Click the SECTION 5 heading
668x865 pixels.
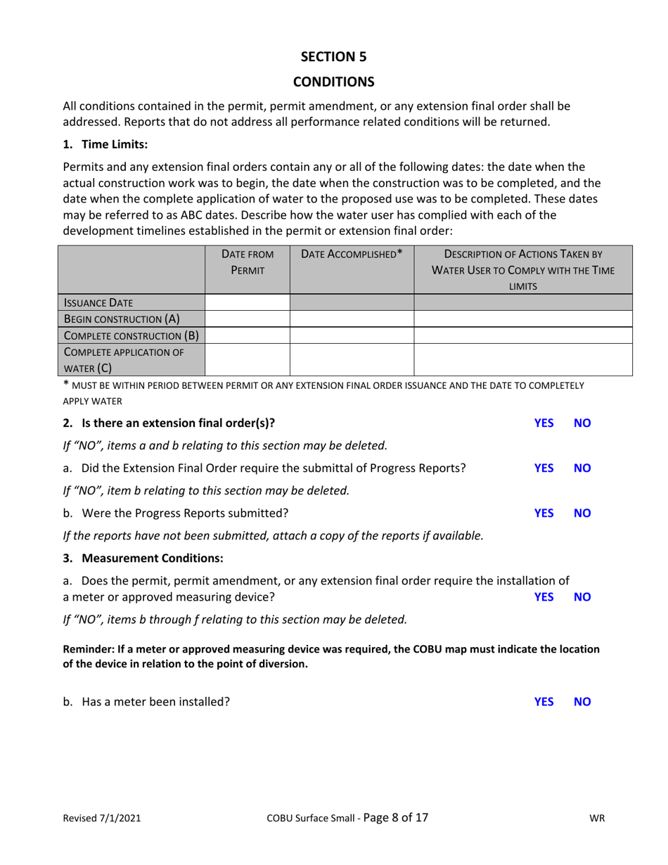click(333, 56)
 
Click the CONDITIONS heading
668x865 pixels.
click(333, 82)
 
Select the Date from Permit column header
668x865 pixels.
click(247, 262)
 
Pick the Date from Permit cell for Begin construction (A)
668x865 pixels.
click(247, 319)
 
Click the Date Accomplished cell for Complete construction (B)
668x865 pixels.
click(352, 335)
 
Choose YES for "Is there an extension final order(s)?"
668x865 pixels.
click(544, 423)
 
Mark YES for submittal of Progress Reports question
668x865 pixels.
click(544, 468)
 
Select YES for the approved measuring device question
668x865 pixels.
click(544, 597)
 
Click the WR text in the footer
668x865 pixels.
click(598, 819)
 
